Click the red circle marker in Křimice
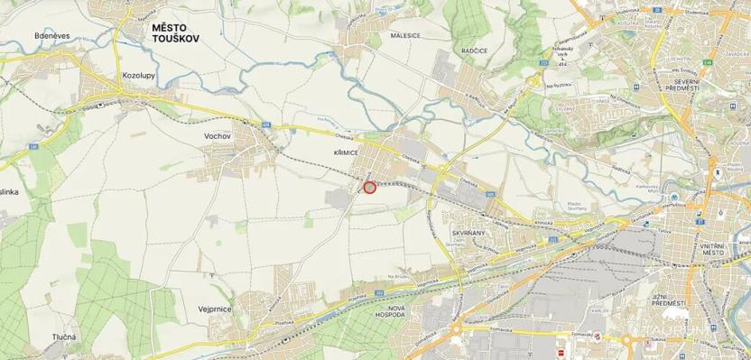369,188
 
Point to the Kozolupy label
136,77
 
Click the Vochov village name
218,135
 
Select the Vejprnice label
215,309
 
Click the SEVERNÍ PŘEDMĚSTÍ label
682,83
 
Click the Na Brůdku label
398,275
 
